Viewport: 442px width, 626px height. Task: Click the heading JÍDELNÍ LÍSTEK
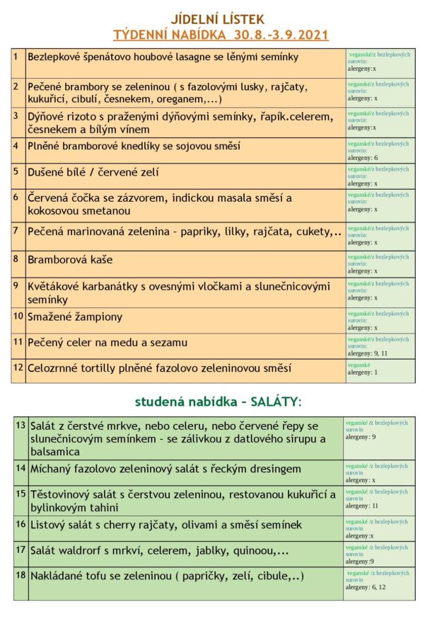221,19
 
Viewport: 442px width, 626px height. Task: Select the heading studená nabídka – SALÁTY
219,402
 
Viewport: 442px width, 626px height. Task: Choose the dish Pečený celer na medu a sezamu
107,343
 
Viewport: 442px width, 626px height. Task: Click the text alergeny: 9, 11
368,353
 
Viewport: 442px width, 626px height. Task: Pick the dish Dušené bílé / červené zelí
93,172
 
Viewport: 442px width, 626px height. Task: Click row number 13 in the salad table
21,425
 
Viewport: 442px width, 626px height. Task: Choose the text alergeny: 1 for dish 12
362,372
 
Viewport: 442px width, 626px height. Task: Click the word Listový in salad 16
49,525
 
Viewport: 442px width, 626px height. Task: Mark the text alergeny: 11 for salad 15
364,506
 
